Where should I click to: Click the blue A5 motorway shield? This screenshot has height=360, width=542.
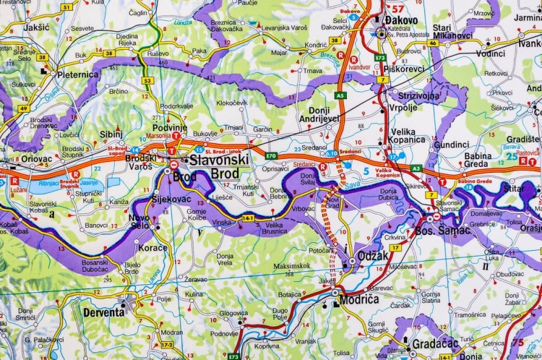click(340, 95)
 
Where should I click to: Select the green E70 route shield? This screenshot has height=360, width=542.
click(271, 155)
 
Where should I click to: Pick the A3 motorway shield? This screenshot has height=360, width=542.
click(416, 168)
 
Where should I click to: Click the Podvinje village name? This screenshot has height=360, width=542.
click(169, 128)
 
